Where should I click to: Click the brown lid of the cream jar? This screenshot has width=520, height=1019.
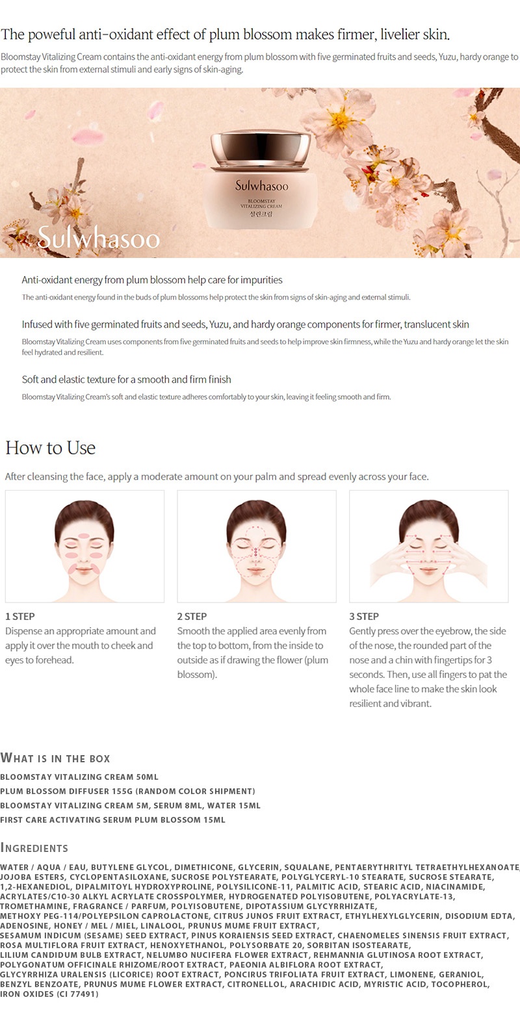(x=261, y=149)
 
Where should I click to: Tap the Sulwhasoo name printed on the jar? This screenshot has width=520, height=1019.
(x=261, y=186)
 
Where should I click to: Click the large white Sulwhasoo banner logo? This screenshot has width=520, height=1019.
(x=99, y=237)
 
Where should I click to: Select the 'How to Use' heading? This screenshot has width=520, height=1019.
(x=51, y=448)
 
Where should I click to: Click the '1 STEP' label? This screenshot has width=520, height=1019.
(x=20, y=616)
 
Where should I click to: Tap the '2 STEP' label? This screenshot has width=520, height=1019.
(x=192, y=616)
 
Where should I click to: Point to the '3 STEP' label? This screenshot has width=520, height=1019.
(x=364, y=616)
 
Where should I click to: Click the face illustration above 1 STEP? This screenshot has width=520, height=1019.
(x=84, y=547)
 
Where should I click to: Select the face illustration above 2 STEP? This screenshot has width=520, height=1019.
(x=257, y=547)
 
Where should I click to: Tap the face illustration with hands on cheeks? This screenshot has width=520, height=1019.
(x=428, y=547)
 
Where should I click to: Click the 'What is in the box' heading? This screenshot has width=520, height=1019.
(x=55, y=758)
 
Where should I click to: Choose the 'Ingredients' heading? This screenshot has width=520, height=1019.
(x=34, y=847)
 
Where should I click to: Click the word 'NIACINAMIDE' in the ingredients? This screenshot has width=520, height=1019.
(x=456, y=886)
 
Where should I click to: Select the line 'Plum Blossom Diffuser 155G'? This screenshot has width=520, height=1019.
(x=127, y=791)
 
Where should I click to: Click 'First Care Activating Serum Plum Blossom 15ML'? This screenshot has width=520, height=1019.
(x=113, y=819)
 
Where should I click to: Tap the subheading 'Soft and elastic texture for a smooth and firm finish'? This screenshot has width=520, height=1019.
(x=127, y=380)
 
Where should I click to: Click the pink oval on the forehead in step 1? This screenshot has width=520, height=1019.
(x=84, y=535)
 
